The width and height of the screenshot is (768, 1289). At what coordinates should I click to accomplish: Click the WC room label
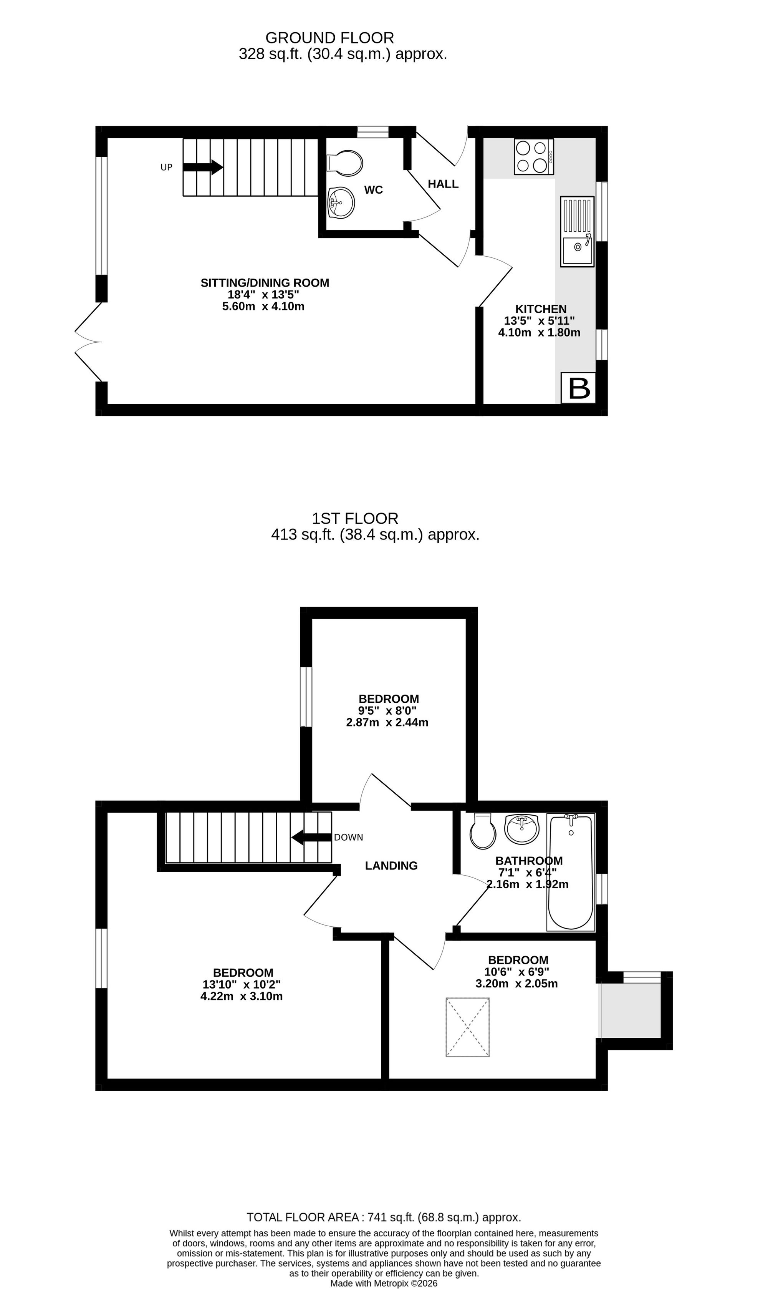[373, 190]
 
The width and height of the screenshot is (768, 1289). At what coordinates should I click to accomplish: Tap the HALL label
[443, 184]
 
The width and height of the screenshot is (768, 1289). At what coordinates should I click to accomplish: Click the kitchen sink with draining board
[577, 231]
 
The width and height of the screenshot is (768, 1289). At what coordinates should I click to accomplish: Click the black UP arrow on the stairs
[203, 167]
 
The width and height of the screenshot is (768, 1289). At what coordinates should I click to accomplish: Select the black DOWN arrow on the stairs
[311, 837]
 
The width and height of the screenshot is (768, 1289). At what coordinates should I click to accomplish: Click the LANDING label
[391, 866]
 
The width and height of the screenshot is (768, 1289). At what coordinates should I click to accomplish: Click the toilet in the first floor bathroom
[483, 831]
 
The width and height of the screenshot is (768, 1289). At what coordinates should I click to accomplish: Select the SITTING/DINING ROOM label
[265, 283]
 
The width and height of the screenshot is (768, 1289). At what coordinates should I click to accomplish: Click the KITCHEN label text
[541, 309]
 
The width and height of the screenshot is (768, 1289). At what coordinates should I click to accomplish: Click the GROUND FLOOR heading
[329, 38]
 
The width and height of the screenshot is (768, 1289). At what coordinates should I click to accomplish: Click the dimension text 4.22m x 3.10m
[242, 996]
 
